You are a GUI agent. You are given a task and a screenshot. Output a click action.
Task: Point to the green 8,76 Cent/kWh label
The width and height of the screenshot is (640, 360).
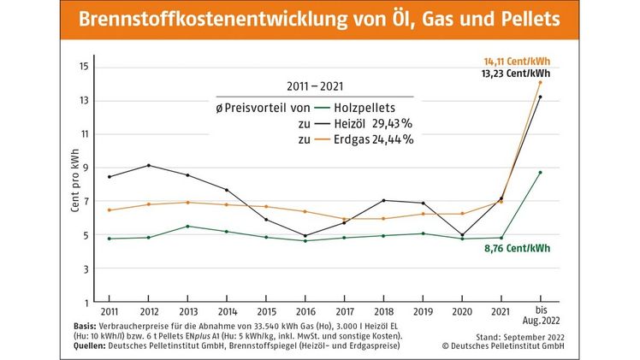point(518,248)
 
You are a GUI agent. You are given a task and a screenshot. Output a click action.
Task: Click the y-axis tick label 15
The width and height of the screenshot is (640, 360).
point(84,67)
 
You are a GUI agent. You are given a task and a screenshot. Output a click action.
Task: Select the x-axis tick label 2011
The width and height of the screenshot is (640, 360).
point(109,313)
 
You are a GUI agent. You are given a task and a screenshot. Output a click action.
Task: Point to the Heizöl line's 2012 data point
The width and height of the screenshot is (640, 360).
point(150,165)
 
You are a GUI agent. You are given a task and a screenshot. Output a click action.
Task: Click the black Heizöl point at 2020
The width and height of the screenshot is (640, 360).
point(462,235)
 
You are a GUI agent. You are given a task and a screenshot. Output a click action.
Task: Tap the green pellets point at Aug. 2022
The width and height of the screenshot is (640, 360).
point(540,172)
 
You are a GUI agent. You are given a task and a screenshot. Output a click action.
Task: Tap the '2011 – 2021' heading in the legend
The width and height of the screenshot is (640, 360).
point(313,86)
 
